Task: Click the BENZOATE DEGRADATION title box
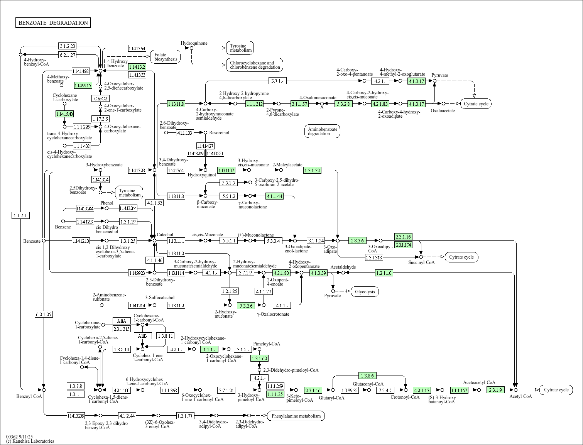(53, 23)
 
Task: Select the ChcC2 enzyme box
(100, 98)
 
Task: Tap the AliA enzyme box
(122, 321)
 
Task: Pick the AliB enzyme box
(142, 336)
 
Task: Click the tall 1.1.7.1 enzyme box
(21, 215)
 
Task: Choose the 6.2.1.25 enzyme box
(44, 314)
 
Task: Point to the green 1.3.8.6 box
(367, 376)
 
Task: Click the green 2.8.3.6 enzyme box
(357, 240)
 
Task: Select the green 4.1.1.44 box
(274, 196)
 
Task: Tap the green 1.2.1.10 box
(384, 273)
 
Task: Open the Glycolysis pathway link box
(365, 291)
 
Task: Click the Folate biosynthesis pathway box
(166, 57)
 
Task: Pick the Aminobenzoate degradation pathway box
(322, 131)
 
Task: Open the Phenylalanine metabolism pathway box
(296, 416)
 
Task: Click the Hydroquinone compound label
(194, 43)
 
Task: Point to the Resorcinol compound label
(219, 133)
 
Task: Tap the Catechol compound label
(165, 235)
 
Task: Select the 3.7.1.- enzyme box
(277, 81)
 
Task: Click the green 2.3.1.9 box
(495, 390)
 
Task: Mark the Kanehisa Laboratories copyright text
(30, 441)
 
